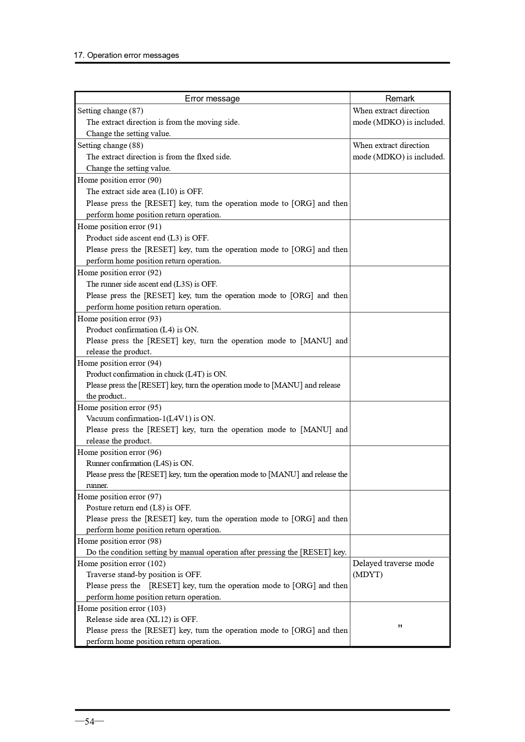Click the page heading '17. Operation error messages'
126,55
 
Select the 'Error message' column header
212,99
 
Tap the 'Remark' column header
399,99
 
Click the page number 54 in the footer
89,721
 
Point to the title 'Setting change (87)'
110,111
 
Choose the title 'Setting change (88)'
110,145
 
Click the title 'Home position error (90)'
119,180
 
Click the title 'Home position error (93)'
119,319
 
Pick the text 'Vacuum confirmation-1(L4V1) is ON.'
151,419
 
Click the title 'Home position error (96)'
119,452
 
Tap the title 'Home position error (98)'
119,541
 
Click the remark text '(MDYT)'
367,575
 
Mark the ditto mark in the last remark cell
400,627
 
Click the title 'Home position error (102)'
121,564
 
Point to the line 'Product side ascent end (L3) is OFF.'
147,238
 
